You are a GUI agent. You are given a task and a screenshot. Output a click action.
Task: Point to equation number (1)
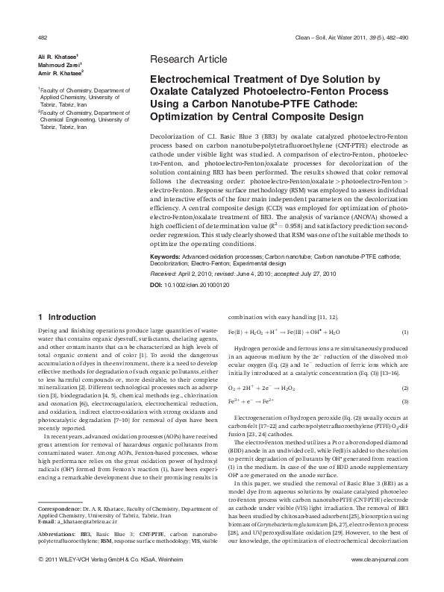pos(404,332)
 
